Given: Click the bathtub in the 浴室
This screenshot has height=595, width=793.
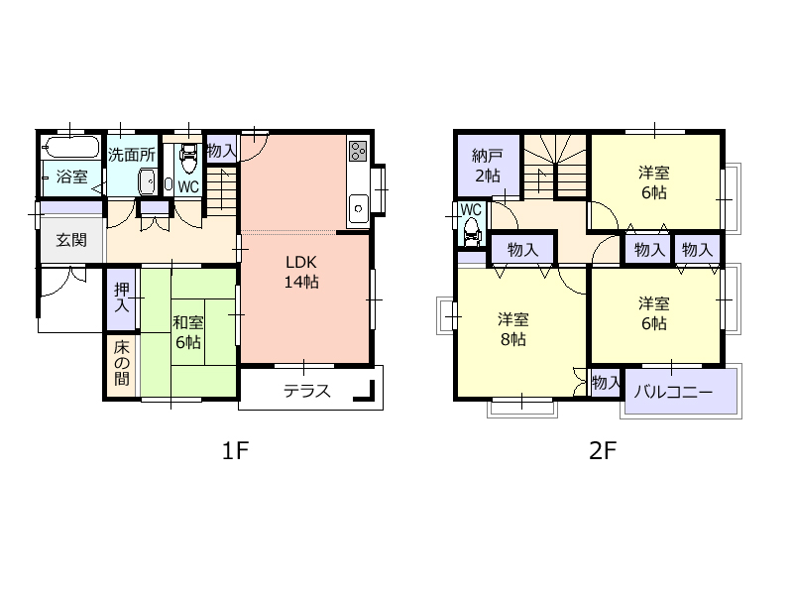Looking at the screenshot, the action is (x=70, y=148).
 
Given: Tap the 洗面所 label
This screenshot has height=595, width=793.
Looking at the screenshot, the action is (x=132, y=155).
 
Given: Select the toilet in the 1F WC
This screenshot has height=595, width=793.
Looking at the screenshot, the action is (x=188, y=158).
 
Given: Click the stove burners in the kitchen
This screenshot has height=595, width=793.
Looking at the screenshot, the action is (x=358, y=151).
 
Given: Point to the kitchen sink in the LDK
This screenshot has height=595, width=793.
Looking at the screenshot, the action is (x=358, y=208).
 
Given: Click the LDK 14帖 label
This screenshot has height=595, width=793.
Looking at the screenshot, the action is (x=301, y=272).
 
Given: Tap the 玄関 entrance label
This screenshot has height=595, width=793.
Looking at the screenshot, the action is (x=71, y=240).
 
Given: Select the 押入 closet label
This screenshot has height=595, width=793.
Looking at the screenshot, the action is (x=121, y=297).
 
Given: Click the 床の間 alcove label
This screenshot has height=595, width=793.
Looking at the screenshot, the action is (x=121, y=363).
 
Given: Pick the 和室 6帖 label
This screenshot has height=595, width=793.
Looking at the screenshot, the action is (x=188, y=332).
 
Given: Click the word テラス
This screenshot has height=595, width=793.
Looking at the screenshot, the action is (x=306, y=391).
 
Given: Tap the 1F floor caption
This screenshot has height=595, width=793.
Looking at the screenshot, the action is (x=235, y=450).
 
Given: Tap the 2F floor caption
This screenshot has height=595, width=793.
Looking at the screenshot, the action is (x=603, y=450).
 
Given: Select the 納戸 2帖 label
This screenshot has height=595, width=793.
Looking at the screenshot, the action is (x=488, y=165).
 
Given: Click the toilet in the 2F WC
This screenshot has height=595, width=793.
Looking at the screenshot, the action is (x=472, y=231).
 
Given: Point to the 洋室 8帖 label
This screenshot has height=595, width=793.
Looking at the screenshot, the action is (x=512, y=329).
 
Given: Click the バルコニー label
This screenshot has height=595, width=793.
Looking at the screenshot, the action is (x=673, y=392).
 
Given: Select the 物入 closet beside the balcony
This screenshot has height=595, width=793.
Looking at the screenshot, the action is (x=606, y=383).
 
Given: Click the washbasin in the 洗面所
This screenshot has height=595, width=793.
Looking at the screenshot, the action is (x=147, y=181).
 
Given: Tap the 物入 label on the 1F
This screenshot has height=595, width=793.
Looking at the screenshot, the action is (x=221, y=151).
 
